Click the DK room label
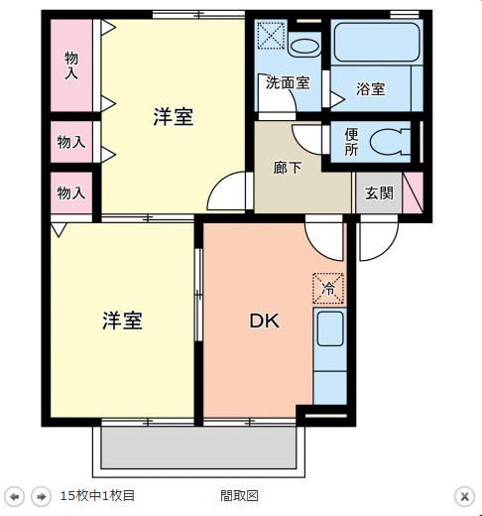pos(264,321)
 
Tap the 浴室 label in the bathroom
pos(371,88)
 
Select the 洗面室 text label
pos(288,82)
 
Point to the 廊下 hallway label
pos(288,168)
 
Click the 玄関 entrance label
pos(379,193)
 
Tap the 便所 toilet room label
pos(351,142)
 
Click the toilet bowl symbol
pos(390,142)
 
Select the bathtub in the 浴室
pos(377,42)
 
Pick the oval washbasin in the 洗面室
pos(304,47)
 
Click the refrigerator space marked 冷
pos(328,289)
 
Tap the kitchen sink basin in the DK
pos(330,328)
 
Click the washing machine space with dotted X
pos(271,35)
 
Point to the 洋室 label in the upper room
pos(173,116)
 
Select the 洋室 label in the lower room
pos(122,321)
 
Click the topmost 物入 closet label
pos(71,65)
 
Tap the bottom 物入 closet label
pos(71,193)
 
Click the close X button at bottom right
pos(464,496)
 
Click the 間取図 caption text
pos(239,495)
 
